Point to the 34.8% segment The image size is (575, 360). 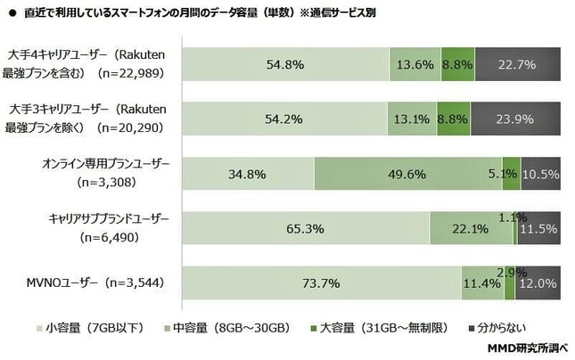247,174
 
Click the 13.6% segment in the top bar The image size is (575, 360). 415,64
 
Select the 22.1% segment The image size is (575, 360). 470,229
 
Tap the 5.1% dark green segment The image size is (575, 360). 511,174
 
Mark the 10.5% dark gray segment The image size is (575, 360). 540,174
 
